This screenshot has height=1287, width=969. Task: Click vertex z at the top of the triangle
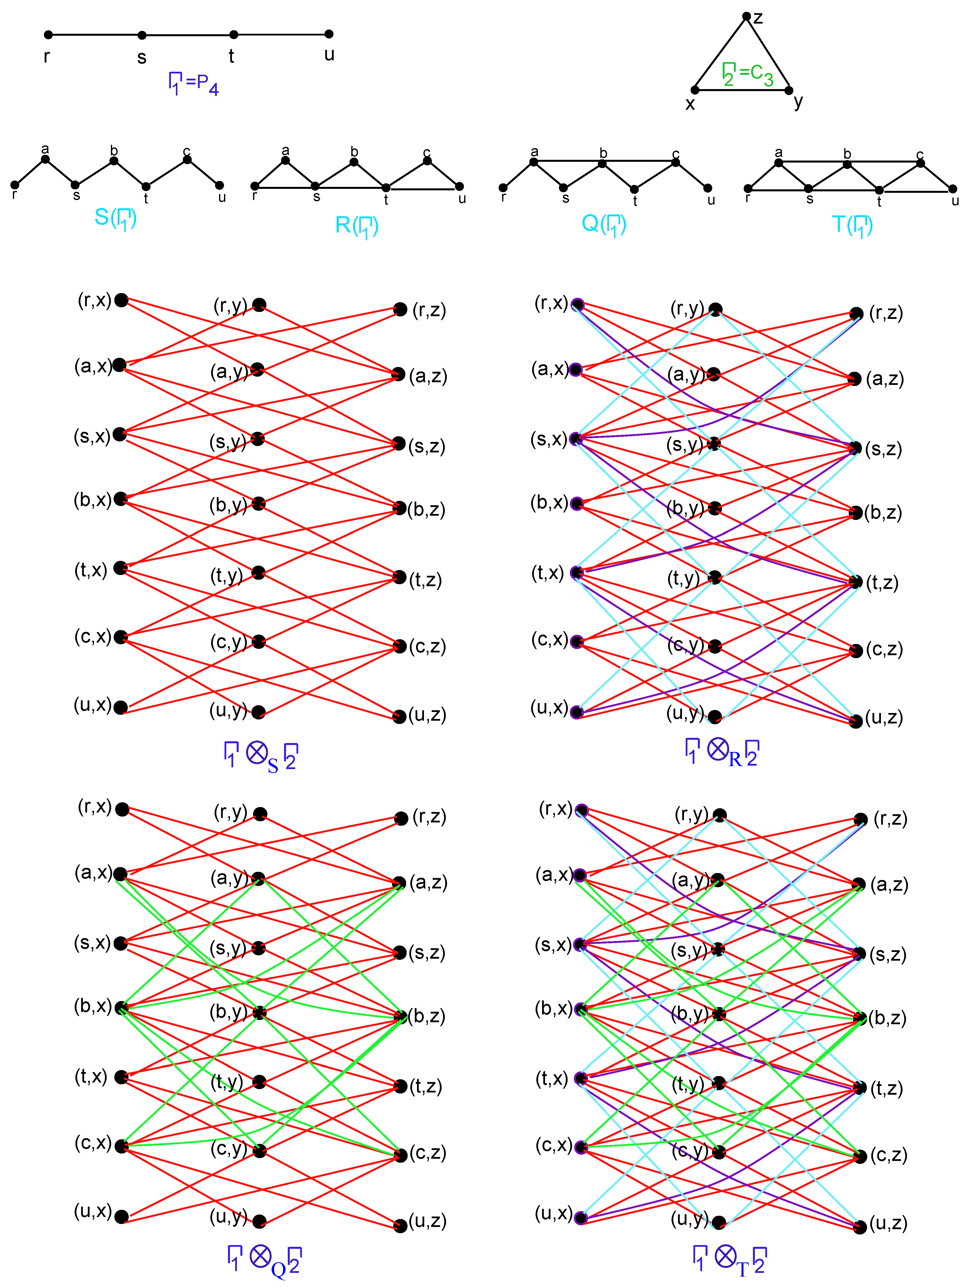[x=746, y=16]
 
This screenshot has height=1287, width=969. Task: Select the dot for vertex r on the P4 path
[x=48, y=35]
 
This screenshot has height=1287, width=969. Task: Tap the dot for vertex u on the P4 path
[x=329, y=34]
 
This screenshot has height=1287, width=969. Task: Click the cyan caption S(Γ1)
[x=115, y=218]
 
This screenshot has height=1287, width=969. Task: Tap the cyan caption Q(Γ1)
[x=604, y=224]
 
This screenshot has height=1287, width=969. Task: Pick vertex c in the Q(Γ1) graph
[x=675, y=162]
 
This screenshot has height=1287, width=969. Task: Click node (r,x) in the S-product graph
[x=121, y=300]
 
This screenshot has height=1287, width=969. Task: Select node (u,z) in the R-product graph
[x=856, y=721]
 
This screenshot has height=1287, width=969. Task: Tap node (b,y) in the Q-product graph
[x=259, y=1013]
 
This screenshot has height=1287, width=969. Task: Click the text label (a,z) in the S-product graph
[x=428, y=376]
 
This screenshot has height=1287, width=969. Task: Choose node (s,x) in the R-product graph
[x=576, y=439]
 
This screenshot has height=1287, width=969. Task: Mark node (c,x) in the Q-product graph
[x=121, y=1146]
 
